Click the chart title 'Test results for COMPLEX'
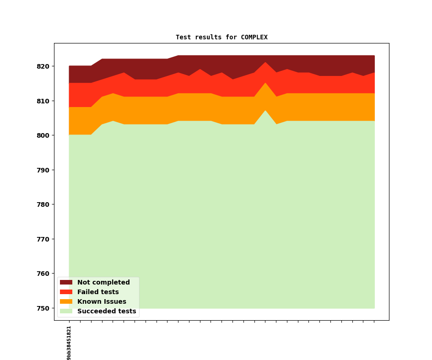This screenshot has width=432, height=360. tap(221, 38)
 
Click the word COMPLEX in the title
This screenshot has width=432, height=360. tap(254, 38)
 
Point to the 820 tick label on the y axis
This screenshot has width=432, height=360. tap(43, 66)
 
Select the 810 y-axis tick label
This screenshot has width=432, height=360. tap(43, 101)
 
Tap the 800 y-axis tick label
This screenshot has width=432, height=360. tap(43, 135)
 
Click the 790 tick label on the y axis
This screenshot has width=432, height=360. tap(43, 170)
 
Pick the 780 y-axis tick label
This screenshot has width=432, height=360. tap(43, 204)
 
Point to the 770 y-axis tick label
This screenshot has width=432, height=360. tap(43, 239)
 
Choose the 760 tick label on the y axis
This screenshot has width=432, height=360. tap(43, 274)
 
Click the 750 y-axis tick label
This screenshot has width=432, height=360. tap(43, 308)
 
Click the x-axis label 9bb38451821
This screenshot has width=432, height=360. tap(69, 343)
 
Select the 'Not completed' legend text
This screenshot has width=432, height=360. tap(103, 283)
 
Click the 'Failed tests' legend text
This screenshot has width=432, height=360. tap(98, 292)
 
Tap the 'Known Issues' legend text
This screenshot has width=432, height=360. tap(102, 302)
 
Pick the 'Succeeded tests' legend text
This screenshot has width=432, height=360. tap(107, 312)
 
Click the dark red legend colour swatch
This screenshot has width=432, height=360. tap(66, 283)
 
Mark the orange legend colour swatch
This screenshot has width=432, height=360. tap(66, 302)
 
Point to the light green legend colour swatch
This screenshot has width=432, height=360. tap(66, 312)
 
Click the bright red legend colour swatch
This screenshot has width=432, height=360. tap(66, 292)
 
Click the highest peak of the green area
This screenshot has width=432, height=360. tap(265, 111)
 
